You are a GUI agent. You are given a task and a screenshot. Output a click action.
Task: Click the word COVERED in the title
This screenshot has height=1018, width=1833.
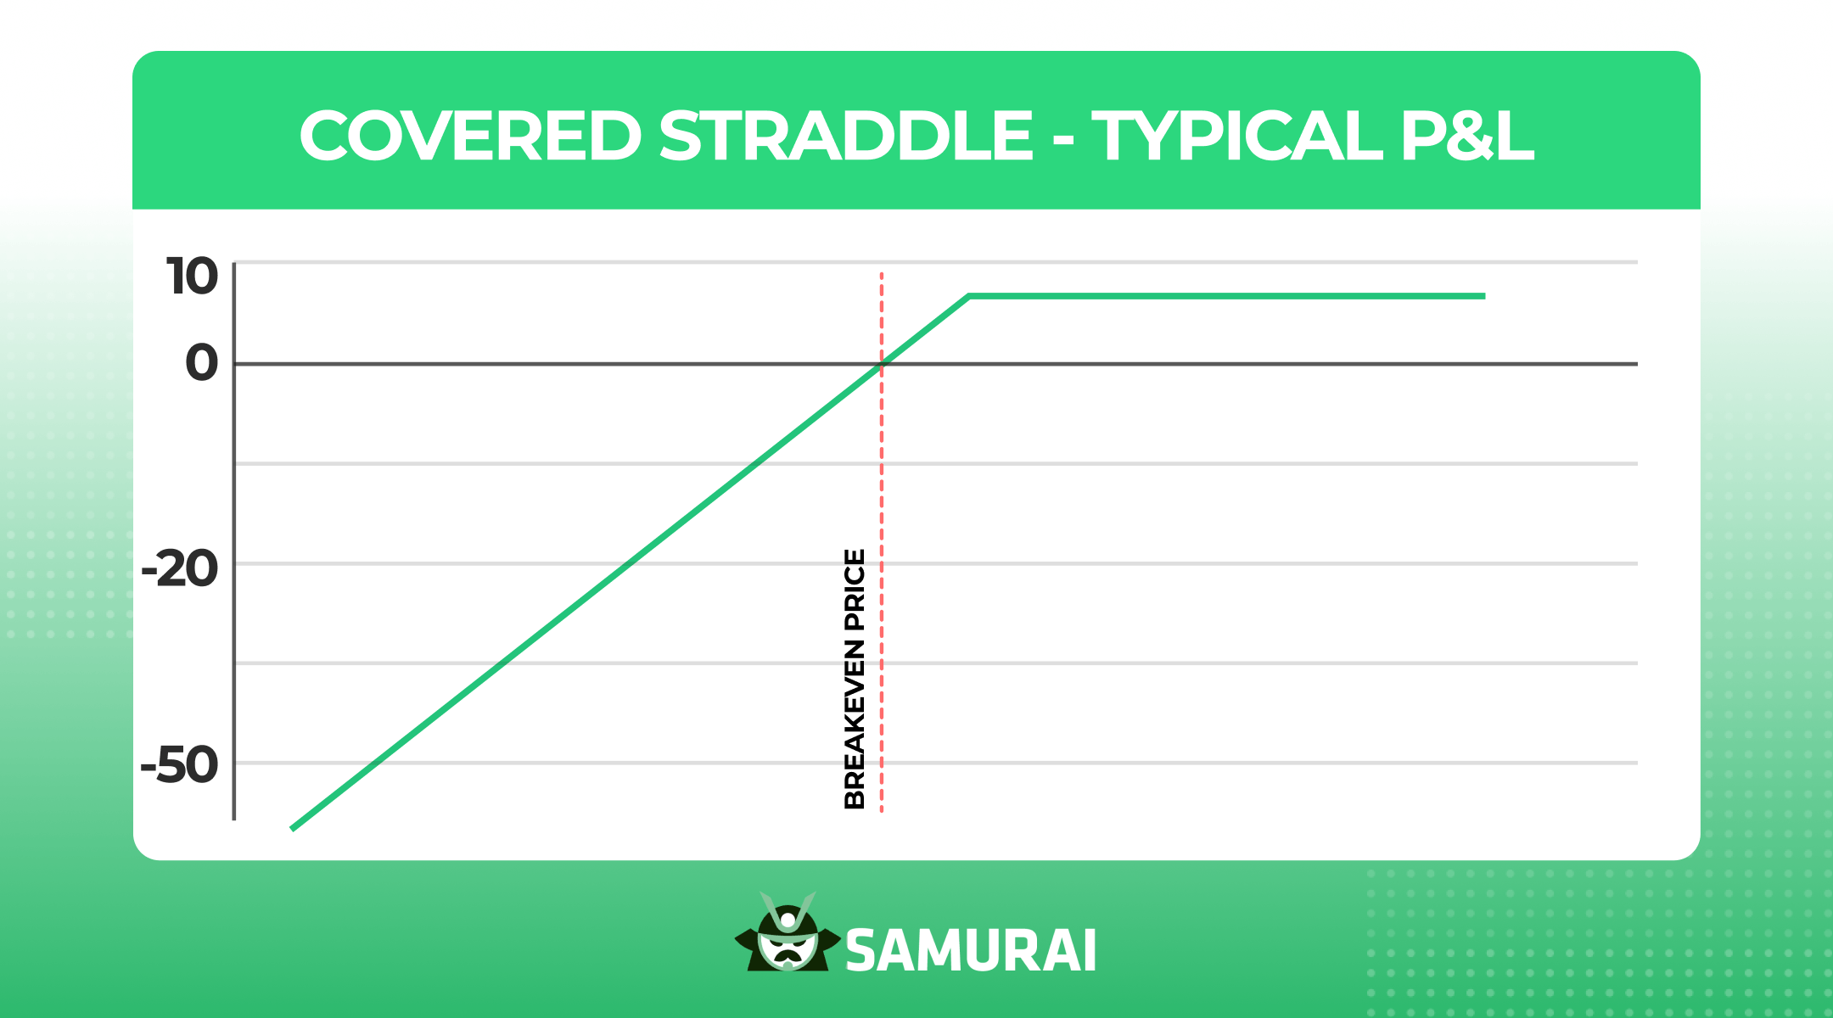471,136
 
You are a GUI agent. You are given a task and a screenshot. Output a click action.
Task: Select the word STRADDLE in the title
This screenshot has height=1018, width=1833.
846,136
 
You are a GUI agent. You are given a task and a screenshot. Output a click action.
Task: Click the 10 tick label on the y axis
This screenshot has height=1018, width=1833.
193,277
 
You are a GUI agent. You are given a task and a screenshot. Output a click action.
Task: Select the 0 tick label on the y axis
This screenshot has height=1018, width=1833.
202,363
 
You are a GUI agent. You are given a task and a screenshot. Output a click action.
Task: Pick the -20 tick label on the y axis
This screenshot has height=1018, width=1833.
180,568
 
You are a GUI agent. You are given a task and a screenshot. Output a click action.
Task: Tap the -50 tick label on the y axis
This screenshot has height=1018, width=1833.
180,765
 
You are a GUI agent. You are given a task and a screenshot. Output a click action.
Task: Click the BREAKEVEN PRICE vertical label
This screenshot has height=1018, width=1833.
855,679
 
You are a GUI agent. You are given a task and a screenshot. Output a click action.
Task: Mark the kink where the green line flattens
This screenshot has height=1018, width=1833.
969,296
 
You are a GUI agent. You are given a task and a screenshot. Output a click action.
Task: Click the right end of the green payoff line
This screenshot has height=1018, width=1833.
1485,296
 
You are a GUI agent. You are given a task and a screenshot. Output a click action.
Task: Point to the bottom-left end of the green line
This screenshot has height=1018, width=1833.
292,829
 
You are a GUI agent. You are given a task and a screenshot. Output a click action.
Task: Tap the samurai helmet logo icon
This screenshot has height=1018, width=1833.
788,932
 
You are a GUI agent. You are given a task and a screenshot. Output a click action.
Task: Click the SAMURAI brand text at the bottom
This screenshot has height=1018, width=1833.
971,950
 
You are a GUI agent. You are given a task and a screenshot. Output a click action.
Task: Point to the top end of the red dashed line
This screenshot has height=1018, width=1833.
882,273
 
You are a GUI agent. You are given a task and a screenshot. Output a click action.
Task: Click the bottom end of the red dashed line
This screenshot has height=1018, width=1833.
882,812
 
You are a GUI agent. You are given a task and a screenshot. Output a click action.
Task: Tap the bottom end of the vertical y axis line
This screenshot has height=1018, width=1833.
234,819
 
